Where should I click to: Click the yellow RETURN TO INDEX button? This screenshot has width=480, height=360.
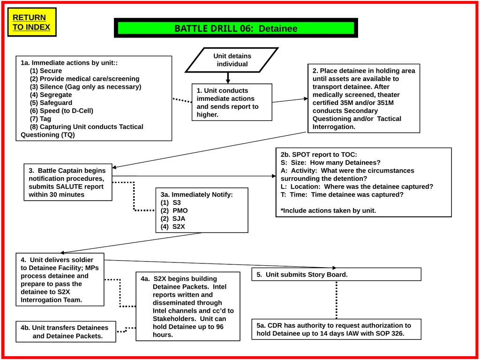pyautogui.click(x=32, y=22)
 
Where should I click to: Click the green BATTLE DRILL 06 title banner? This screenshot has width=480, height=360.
pyautogui.click(x=236, y=28)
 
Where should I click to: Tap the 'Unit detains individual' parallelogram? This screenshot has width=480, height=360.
pyautogui.click(x=232, y=60)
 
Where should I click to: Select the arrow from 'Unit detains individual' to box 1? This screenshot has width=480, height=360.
pyautogui.click(x=228, y=78)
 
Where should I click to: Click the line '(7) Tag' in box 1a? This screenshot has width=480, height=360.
pyautogui.click(x=40, y=119)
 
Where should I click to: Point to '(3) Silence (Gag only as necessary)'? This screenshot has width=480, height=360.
pyautogui.click(x=86, y=87)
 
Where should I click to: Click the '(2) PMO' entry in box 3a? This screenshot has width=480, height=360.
pyautogui.click(x=174, y=210)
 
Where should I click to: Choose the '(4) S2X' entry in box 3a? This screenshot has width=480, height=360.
pyautogui.click(x=173, y=226)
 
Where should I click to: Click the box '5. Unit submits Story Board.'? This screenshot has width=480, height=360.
pyautogui.click(x=337, y=274)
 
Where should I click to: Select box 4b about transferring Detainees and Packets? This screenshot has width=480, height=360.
pyautogui.click(x=66, y=331)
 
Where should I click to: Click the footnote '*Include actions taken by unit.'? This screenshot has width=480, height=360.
pyautogui.click(x=328, y=210)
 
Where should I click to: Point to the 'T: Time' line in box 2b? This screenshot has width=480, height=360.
pyautogui.click(x=342, y=195)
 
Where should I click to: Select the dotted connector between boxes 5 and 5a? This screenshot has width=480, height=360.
pyautogui.click(x=337, y=300)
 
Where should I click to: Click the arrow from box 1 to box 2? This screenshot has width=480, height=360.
pyautogui.click(x=290, y=100)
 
